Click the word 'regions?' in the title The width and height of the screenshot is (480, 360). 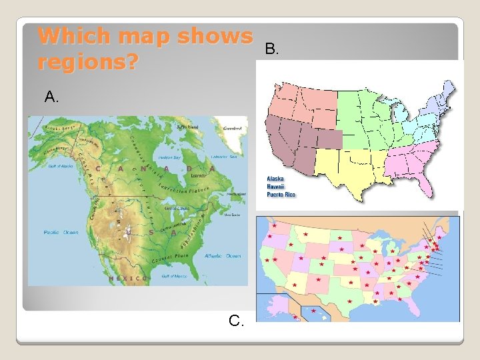pyautogui.click(x=88, y=63)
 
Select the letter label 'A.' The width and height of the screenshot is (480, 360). pyautogui.click(x=52, y=97)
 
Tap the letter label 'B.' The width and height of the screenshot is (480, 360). pyautogui.click(x=272, y=49)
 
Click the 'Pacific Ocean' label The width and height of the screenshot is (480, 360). pyautogui.click(x=61, y=232)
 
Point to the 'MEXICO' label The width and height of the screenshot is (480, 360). pyautogui.click(x=128, y=277)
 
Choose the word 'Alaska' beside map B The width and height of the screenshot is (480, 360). pyautogui.click(x=275, y=179)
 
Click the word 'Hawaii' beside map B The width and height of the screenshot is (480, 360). pyautogui.click(x=275, y=187)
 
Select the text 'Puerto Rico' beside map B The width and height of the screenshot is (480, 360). pyautogui.click(x=281, y=195)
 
